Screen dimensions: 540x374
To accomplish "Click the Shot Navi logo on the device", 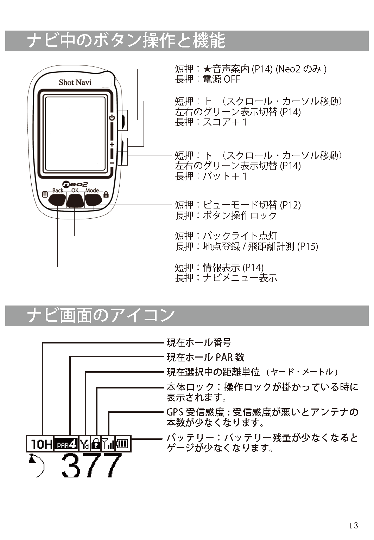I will tap(75, 82).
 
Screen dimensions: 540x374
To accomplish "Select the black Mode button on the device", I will tap(93, 200).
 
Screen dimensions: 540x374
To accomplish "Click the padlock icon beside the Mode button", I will tap(106, 194).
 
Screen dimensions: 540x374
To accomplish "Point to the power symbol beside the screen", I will tap(112, 118).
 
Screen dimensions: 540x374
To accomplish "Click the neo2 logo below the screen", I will tap(75, 184).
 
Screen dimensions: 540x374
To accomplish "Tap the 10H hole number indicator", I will tap(40, 444).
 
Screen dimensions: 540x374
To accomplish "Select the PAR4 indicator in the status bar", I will tap(66, 444).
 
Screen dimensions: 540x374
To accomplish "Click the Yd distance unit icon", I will tap(84, 444).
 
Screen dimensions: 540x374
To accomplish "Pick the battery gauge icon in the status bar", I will tap(123, 444).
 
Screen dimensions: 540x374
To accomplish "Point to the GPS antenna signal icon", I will tap(108, 444).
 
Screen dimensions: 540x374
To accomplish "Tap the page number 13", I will tap(353, 526).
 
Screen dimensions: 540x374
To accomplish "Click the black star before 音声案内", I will tap(208, 69).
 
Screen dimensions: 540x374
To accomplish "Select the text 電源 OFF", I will tap(221, 79).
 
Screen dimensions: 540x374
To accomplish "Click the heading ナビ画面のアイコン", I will tap(101, 315).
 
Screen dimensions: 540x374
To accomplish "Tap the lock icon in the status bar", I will tap(96, 444).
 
